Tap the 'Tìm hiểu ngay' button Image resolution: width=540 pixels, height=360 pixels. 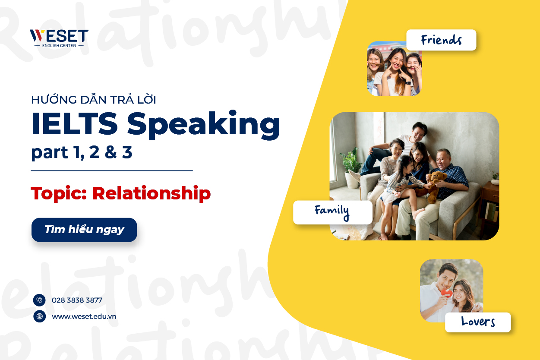84,230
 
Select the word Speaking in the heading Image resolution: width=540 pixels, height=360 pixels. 203,125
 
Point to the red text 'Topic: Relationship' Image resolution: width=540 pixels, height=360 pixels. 120,194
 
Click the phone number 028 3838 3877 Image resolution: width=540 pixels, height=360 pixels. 77,300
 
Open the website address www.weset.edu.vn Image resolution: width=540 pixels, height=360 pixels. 84,316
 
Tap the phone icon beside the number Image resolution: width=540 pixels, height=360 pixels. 39,300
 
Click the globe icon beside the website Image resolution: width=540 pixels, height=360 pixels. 39,316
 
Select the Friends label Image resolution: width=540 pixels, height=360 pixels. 441,40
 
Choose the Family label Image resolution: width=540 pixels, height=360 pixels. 332,212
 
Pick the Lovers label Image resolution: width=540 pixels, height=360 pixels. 477,322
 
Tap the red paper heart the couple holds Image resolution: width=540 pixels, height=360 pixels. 446,294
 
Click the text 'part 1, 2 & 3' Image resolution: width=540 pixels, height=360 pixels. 82,153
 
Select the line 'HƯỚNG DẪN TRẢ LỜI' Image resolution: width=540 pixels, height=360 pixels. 94,100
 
